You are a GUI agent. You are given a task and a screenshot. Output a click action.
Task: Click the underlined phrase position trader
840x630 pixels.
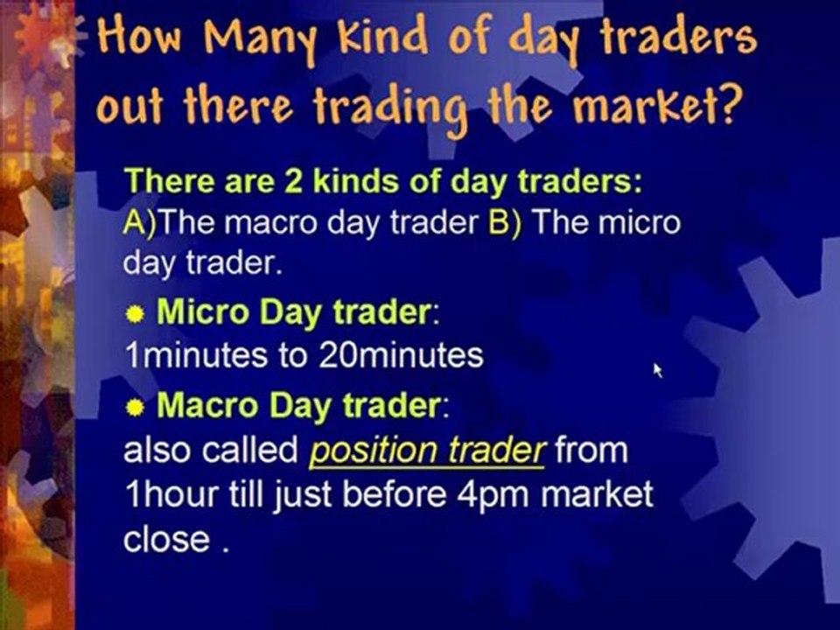tap(428, 450)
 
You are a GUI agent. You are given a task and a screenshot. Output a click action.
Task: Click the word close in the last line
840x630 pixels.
tap(166, 539)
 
